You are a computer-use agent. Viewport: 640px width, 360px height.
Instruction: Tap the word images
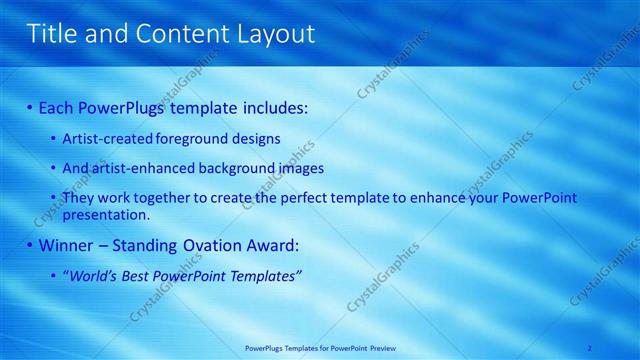click(x=297, y=168)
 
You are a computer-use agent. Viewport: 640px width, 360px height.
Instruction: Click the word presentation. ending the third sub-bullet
click(x=105, y=214)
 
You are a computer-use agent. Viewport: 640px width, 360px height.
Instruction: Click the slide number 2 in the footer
click(x=590, y=347)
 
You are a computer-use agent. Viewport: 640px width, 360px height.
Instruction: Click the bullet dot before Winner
click(x=30, y=245)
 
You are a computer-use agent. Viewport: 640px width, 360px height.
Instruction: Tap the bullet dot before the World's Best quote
click(x=54, y=275)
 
